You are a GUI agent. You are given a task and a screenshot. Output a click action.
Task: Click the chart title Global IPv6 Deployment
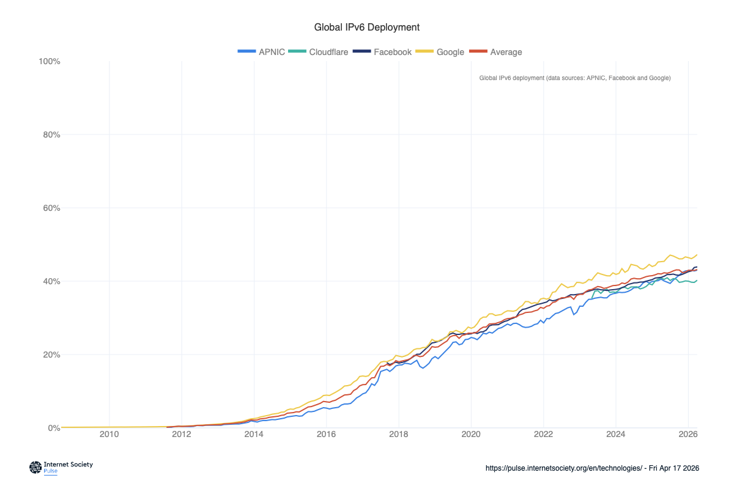pyautogui.click(x=366, y=28)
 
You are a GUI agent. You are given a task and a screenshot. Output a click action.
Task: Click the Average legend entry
pyautogui.click(x=498, y=52)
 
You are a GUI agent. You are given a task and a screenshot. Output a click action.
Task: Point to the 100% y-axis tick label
pyautogui.click(x=49, y=61)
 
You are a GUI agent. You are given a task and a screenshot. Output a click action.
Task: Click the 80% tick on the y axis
pyautogui.click(x=50, y=134)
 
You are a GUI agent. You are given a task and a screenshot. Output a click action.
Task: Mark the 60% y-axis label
pyautogui.click(x=50, y=208)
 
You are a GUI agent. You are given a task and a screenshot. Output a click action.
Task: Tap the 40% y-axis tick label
pyautogui.click(x=50, y=281)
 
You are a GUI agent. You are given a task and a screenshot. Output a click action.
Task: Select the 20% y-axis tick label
pyautogui.click(x=50, y=355)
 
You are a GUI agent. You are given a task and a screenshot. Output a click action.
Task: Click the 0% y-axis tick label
pyautogui.click(x=53, y=428)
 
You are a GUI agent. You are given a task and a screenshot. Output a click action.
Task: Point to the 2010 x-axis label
pyautogui.click(x=109, y=435)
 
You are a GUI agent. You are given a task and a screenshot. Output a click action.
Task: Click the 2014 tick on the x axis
pyautogui.click(x=254, y=435)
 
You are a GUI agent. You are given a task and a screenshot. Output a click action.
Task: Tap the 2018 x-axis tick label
pyautogui.click(x=399, y=435)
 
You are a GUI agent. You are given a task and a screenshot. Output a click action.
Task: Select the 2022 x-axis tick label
pyautogui.click(x=543, y=435)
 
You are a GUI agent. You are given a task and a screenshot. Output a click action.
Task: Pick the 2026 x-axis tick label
pyautogui.click(x=688, y=435)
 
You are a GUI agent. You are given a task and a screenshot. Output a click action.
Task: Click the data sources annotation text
pyautogui.click(x=575, y=78)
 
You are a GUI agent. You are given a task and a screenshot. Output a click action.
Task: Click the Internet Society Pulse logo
pyautogui.click(x=61, y=467)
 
